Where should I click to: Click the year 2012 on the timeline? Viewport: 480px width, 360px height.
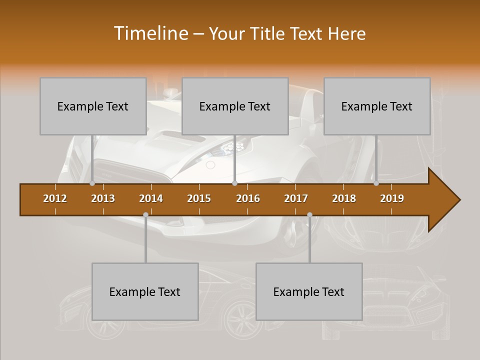[55, 198]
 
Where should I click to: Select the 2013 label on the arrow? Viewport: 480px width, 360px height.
[103, 198]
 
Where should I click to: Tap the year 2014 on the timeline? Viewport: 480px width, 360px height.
[151, 198]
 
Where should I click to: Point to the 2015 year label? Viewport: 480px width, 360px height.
[199, 198]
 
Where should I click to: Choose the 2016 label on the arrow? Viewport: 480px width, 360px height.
[248, 198]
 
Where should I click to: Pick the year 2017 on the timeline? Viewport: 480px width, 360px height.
[296, 198]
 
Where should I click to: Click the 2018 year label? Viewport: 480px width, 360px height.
[344, 198]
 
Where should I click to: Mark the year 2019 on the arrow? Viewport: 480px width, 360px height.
[392, 198]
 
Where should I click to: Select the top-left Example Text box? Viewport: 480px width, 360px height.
[93, 106]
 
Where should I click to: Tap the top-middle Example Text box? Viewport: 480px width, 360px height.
[235, 106]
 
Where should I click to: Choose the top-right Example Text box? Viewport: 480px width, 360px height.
[377, 106]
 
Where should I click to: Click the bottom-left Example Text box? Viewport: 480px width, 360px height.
[145, 291]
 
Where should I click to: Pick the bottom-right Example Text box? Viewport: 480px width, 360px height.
[309, 291]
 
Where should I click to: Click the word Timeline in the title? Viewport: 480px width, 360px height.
[150, 33]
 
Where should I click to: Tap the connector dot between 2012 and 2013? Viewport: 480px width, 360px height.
[92, 183]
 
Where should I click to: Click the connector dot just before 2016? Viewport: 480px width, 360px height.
[234, 183]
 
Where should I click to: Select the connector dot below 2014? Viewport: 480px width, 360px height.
[145, 214]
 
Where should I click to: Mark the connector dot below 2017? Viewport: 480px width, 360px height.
[309, 214]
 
